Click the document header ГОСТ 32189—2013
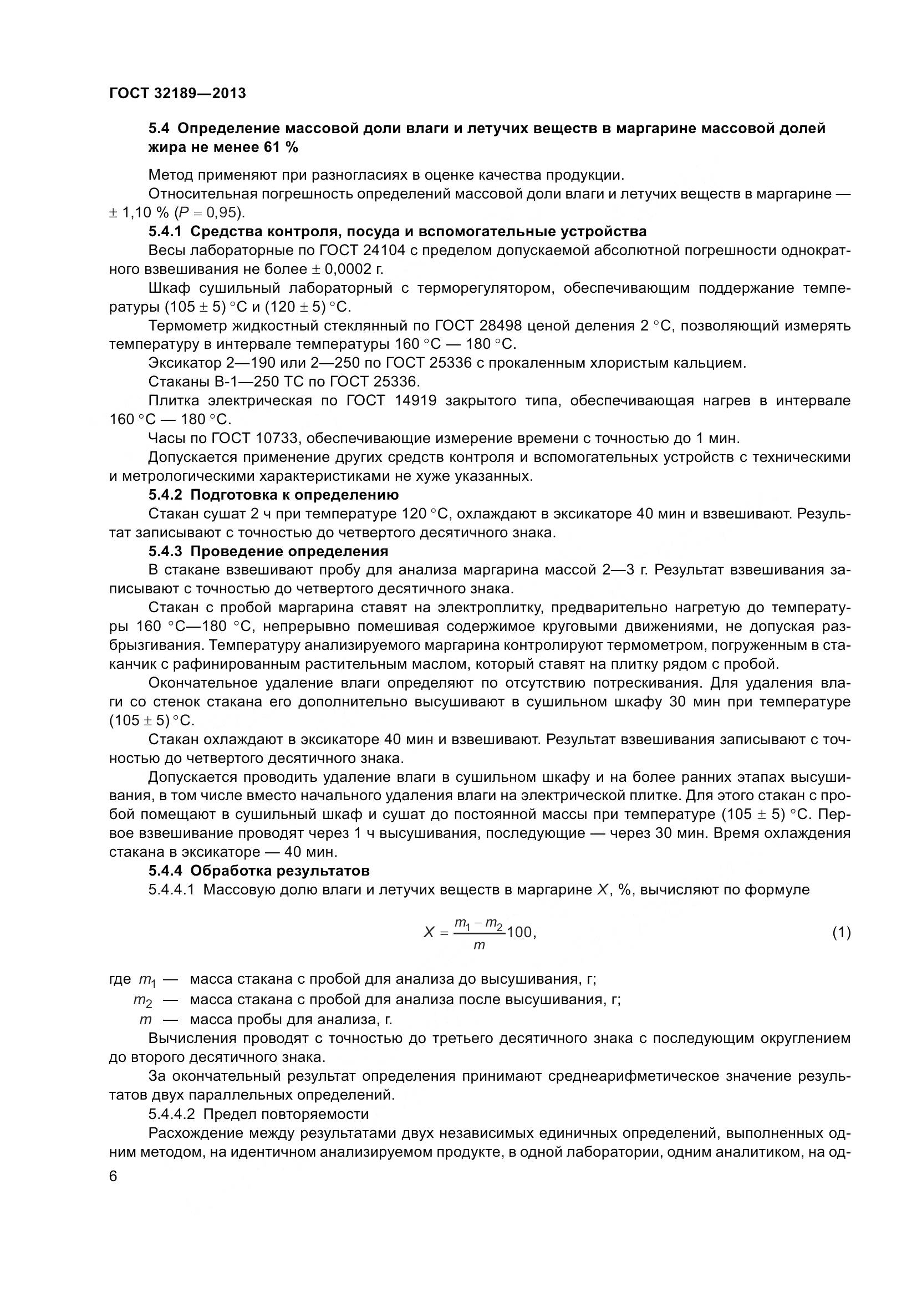[177, 93]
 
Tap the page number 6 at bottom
[114, 1177]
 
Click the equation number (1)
[841, 933]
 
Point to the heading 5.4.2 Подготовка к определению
[273, 495]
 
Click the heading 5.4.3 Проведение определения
[268, 551]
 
